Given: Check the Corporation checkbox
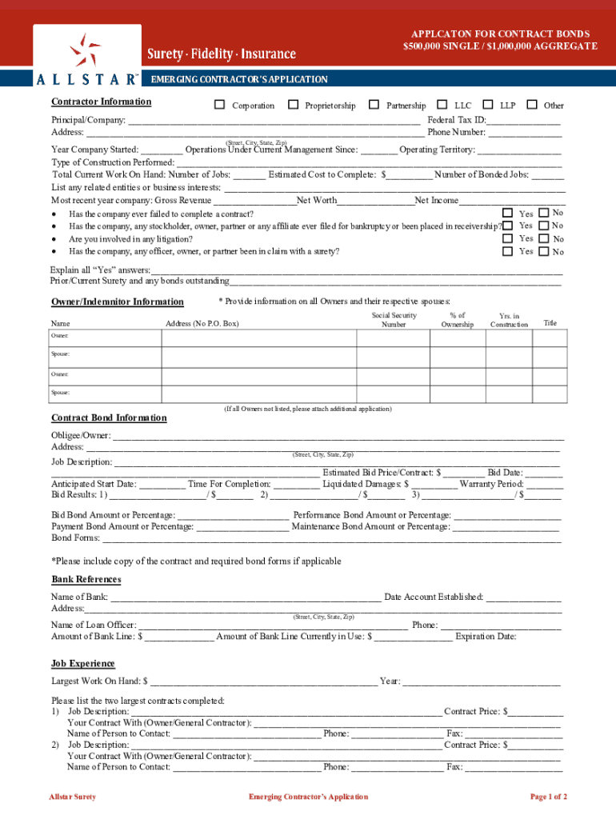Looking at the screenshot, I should [x=219, y=105].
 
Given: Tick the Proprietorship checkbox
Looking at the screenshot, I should [x=294, y=105].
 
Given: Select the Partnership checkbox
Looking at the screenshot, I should [x=374, y=105].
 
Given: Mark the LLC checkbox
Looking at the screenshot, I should [x=442, y=105].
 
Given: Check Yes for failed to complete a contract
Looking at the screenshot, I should [x=507, y=213].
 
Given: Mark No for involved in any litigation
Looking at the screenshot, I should [x=544, y=238].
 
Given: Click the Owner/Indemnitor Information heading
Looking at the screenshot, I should [x=118, y=302].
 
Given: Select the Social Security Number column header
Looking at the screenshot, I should [x=394, y=320].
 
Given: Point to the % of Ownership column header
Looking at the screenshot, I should [x=458, y=320].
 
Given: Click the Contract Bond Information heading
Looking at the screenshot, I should [x=109, y=418].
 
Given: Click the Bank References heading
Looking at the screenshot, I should [x=86, y=579].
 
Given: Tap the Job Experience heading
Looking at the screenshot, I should [x=83, y=664].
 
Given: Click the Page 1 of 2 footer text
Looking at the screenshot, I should [x=549, y=797].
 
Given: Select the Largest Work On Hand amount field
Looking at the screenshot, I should [x=263, y=681].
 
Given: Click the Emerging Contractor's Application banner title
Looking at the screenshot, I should [x=239, y=79].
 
